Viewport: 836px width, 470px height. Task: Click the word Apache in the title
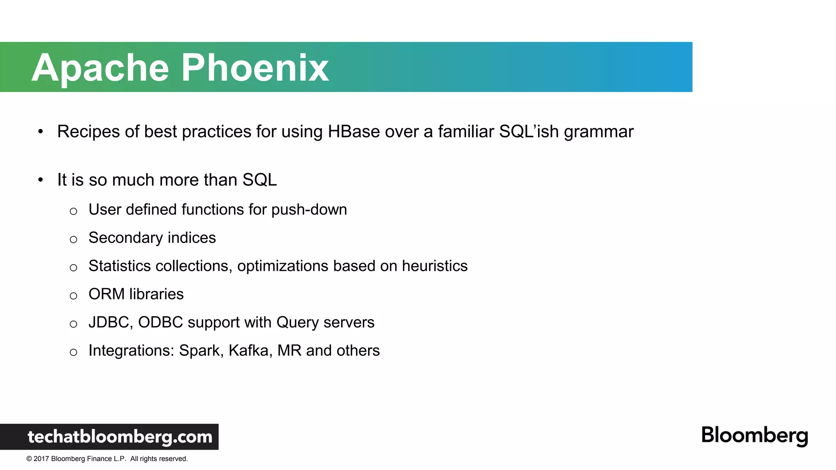point(100,68)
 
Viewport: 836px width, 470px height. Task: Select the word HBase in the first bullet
point(354,132)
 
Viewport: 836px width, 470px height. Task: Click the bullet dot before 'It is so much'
point(40,180)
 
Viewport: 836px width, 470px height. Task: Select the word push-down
point(309,210)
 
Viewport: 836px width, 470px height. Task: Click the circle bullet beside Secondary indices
point(73,239)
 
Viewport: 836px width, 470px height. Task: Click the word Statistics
point(120,266)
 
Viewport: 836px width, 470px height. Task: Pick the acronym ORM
point(106,294)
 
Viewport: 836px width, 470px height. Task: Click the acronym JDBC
point(109,322)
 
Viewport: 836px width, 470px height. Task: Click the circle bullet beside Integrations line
point(73,352)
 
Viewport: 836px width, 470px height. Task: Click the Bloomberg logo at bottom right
point(754,435)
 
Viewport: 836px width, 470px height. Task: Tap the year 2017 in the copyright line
point(41,459)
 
